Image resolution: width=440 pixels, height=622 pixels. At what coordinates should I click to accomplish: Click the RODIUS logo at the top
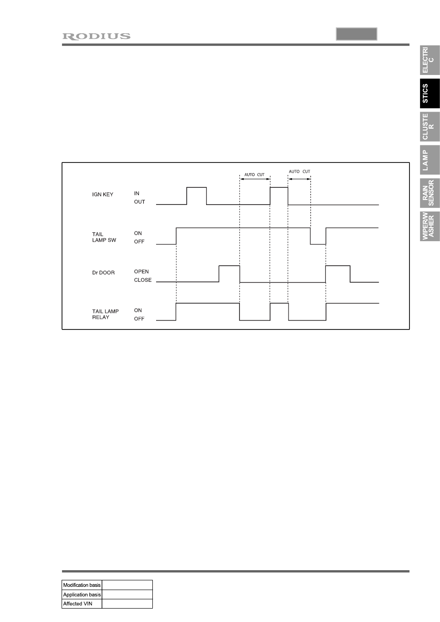96,36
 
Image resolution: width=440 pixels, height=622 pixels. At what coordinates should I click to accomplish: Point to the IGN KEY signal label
102,194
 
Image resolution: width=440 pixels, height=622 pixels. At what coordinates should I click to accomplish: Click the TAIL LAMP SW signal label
104,237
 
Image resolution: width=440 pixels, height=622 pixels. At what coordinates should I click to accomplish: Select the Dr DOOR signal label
103,273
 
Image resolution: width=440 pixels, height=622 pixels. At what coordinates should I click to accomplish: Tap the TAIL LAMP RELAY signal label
105,314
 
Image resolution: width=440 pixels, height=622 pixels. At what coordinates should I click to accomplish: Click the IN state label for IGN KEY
137,193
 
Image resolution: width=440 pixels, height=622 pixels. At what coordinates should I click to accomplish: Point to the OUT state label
139,202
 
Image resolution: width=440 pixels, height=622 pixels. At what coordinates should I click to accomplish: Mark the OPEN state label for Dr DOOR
141,272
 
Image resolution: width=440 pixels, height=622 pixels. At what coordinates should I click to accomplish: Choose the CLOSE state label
143,280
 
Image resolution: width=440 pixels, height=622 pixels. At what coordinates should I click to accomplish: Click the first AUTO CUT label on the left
254,174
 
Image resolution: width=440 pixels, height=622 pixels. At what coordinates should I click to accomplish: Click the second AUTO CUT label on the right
299,172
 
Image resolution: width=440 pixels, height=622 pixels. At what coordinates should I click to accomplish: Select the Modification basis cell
82,585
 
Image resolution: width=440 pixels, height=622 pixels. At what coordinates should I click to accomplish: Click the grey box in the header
356,34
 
